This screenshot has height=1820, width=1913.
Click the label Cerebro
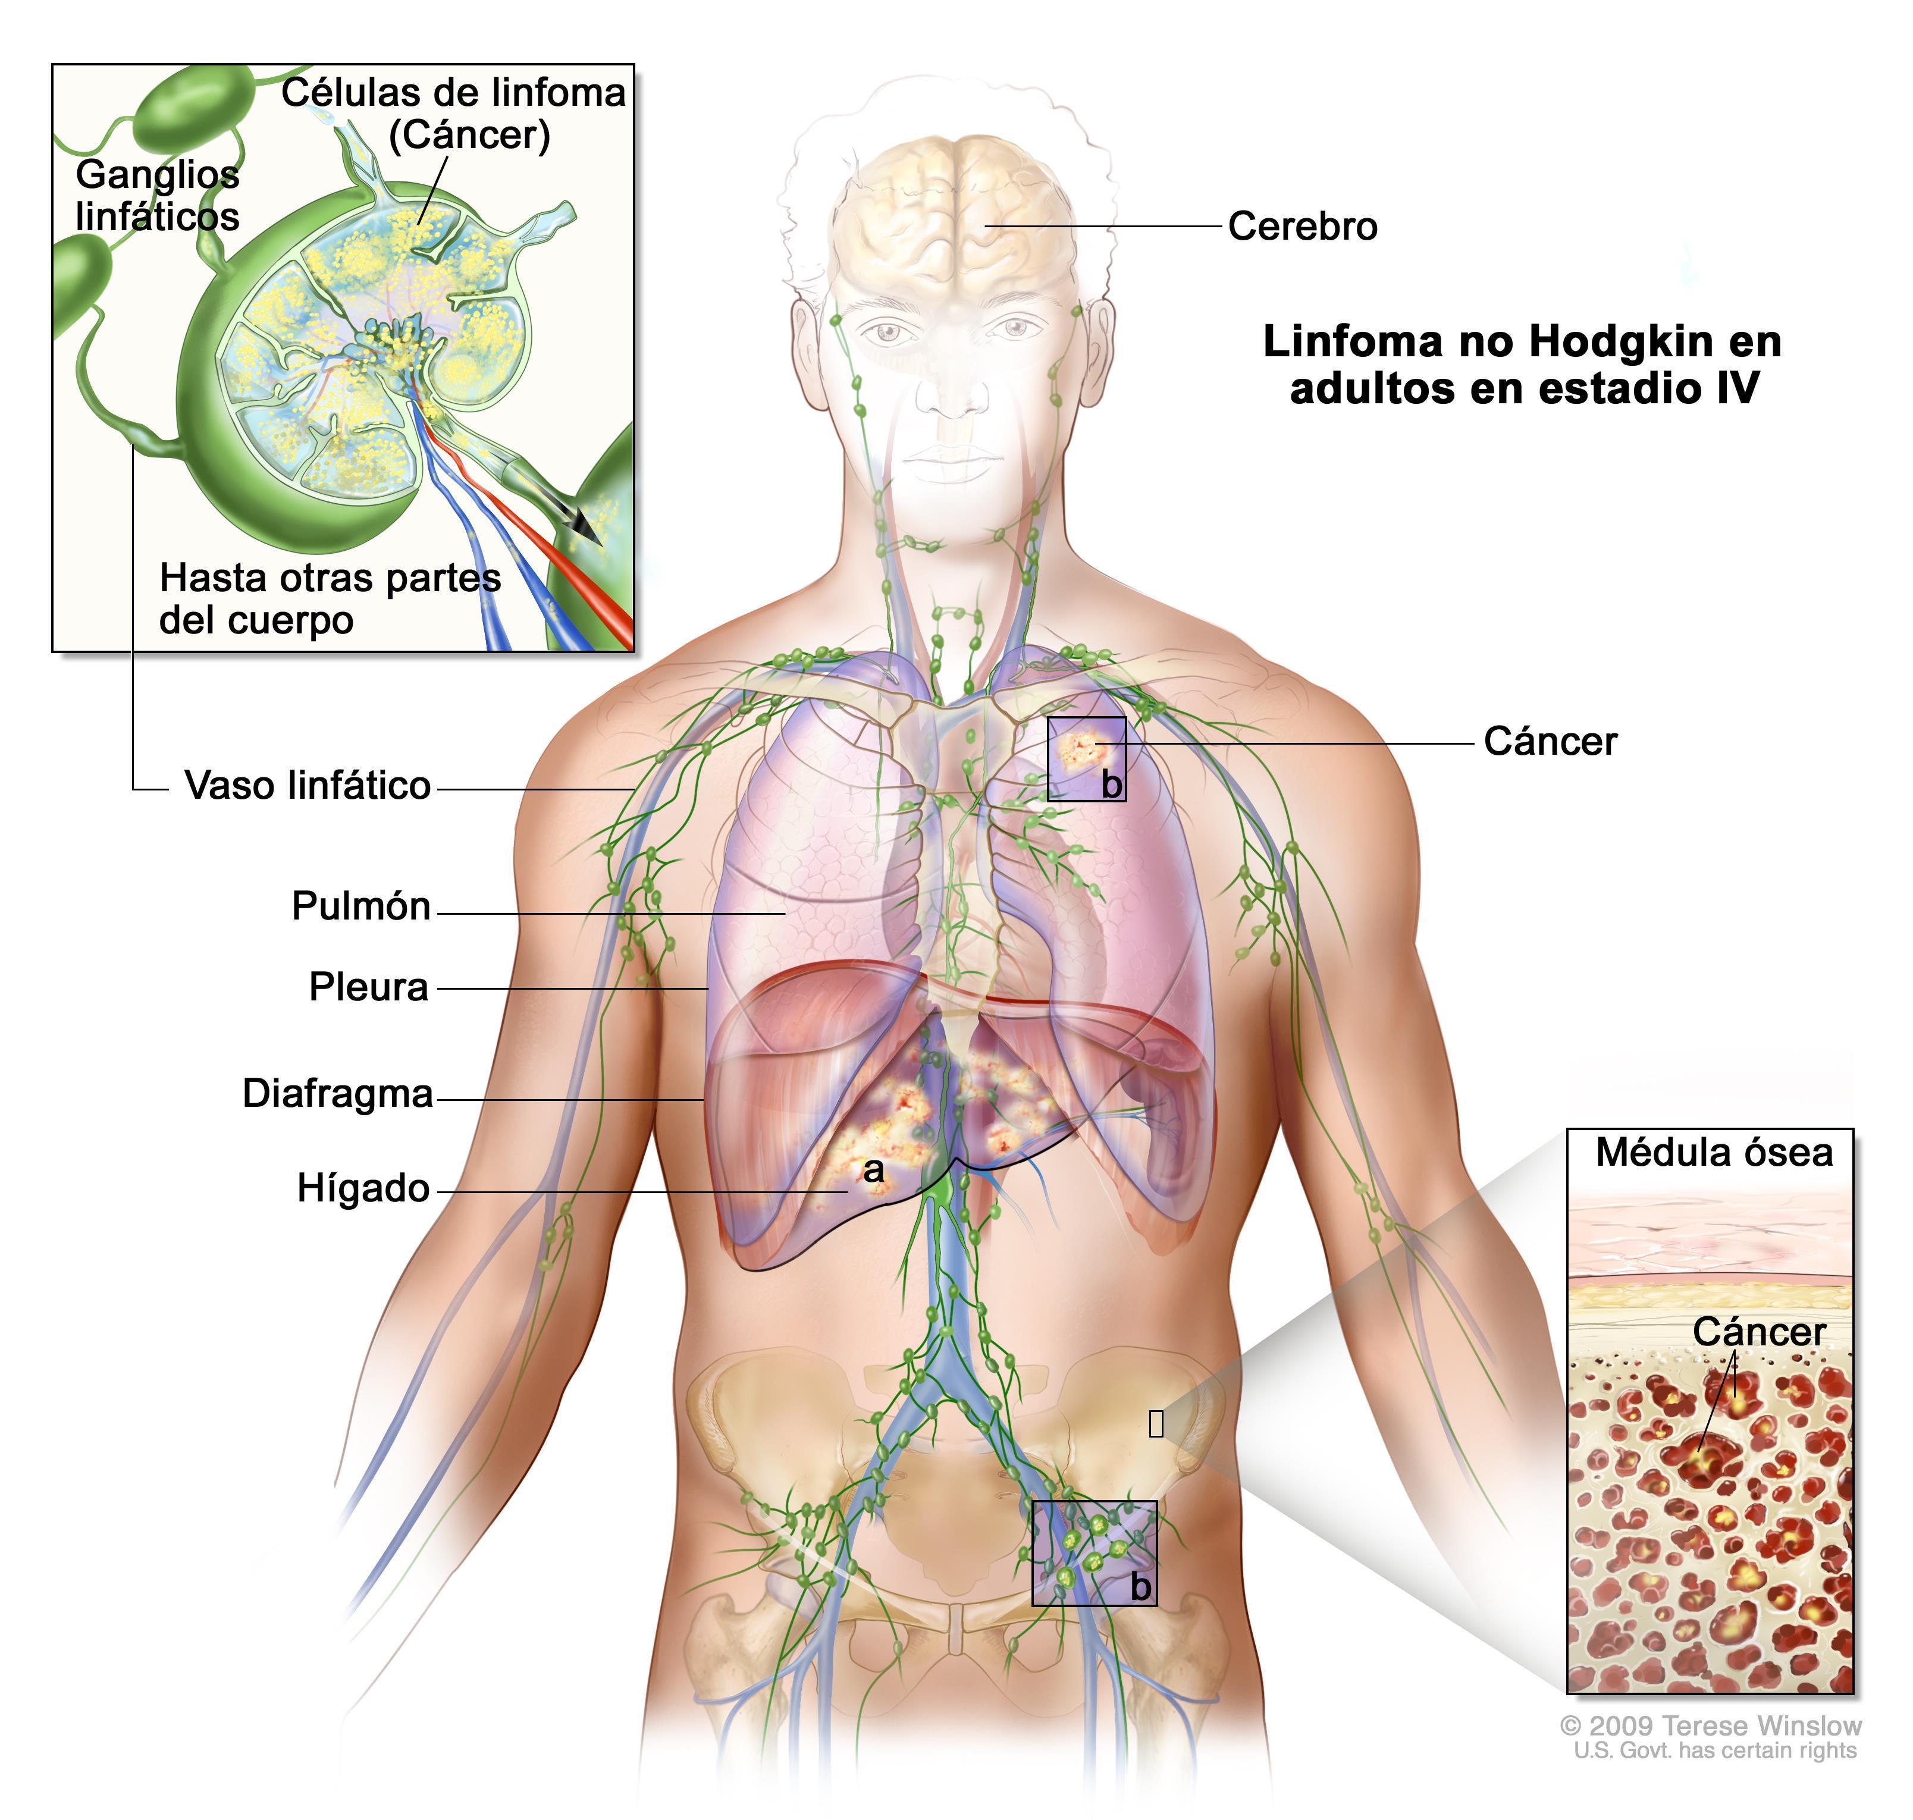click(1302, 226)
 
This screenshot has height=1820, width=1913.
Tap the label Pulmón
click(361, 906)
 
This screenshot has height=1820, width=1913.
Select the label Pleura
click(369, 987)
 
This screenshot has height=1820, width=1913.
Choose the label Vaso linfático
click(308, 786)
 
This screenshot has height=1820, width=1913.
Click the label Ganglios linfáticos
click(157, 195)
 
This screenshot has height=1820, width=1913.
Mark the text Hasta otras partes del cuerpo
click(330, 598)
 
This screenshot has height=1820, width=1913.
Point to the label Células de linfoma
click(454, 93)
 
